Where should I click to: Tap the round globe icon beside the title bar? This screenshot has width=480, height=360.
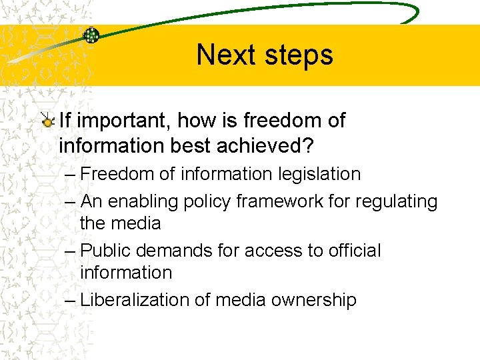coord(91,35)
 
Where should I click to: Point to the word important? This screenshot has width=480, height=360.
coord(120,121)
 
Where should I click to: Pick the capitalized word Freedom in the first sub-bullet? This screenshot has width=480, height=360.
coord(117,175)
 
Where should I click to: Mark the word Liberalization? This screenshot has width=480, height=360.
coord(135,300)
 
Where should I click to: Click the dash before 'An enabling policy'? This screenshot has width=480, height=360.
coord(71,201)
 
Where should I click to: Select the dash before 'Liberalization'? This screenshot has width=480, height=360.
coord(71,300)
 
